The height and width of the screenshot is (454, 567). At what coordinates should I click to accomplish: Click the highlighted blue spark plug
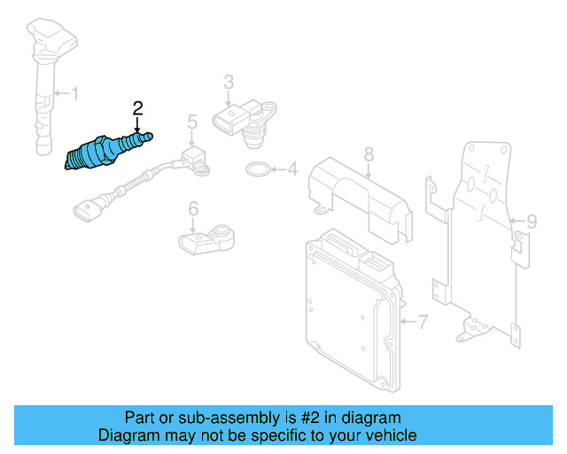coord(105,152)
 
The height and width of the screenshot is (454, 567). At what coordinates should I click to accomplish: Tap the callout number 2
coord(137,108)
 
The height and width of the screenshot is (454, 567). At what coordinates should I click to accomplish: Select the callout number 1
coord(75,92)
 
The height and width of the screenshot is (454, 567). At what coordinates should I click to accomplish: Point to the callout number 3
coord(228,82)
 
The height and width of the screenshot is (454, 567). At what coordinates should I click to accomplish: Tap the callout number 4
coord(291,168)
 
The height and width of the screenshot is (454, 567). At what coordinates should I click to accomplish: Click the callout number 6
coord(191,209)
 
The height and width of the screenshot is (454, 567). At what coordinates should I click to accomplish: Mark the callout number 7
coord(423,322)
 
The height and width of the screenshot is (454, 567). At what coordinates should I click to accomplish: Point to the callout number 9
coord(532,220)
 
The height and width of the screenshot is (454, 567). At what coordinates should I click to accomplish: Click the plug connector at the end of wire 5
coord(89,210)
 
